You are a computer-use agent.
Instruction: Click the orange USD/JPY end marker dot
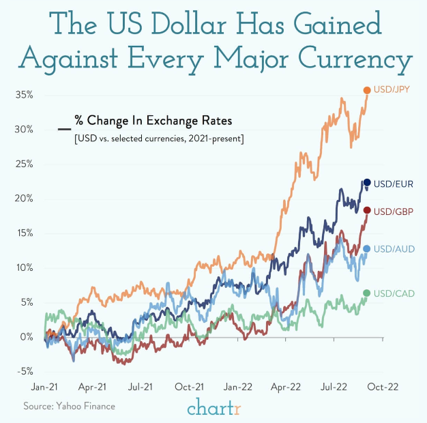click(x=367, y=90)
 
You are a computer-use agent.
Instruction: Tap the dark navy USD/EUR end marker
click(x=367, y=182)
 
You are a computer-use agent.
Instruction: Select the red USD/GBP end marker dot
click(x=367, y=210)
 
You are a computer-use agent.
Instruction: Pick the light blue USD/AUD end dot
click(x=367, y=248)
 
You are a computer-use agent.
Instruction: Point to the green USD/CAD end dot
click(x=367, y=293)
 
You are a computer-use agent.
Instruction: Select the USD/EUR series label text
click(x=394, y=182)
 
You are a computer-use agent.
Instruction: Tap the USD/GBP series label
click(x=394, y=210)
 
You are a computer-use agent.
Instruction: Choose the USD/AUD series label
click(x=394, y=248)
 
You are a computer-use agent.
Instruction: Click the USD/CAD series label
click(x=394, y=293)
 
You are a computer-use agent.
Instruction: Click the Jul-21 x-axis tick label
click(x=141, y=386)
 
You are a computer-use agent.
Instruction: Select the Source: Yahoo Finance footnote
click(x=69, y=406)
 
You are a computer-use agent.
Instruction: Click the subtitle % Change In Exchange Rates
click(x=153, y=121)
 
